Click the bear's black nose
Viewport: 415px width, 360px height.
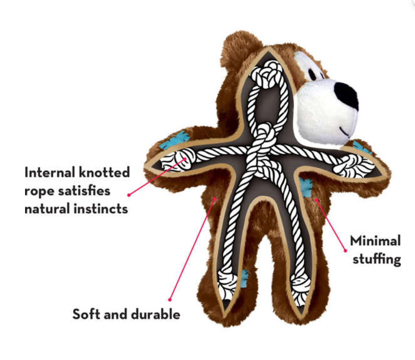(x=347, y=95)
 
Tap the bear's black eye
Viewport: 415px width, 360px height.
(x=313, y=74)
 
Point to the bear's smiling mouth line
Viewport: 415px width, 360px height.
(x=345, y=131)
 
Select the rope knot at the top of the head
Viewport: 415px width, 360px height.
(x=267, y=74)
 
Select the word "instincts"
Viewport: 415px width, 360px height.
(x=101, y=209)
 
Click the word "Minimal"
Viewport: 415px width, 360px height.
(x=375, y=241)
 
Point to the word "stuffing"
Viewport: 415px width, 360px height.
(x=377, y=259)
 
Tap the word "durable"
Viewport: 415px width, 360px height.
(x=155, y=314)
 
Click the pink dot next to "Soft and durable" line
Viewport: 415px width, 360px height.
(x=170, y=300)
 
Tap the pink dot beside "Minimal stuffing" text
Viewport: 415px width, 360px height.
(x=345, y=251)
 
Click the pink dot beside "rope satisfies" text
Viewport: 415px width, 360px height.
(x=129, y=195)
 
